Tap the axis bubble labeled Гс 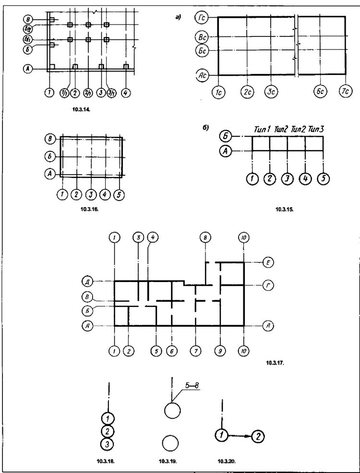(202, 18)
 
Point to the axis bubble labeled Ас (202, 75)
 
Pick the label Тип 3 (316, 130)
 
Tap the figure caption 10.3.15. (284, 210)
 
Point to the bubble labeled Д (87, 281)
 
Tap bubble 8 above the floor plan (205, 237)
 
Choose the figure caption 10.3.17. (275, 363)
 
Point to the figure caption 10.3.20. (227, 461)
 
